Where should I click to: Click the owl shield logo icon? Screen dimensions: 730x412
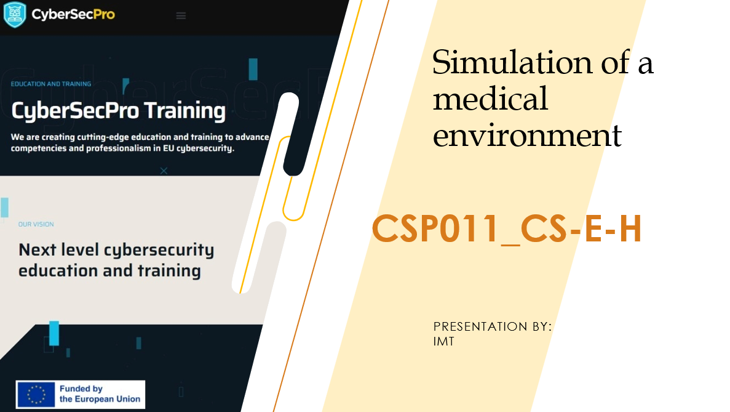point(15,14)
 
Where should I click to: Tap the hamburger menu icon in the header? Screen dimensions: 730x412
point(181,16)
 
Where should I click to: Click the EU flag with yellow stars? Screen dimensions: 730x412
point(36,395)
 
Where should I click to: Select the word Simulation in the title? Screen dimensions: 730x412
point(512,62)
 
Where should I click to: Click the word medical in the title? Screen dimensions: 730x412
point(490,99)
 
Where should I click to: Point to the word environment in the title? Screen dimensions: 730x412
point(527,135)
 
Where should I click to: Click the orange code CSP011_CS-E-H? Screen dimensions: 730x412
point(507,229)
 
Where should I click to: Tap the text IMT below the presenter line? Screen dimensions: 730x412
point(443,342)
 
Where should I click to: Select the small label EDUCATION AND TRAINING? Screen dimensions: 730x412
point(51,84)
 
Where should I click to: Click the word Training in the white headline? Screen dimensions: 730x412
point(185,111)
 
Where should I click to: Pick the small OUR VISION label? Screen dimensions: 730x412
point(36,224)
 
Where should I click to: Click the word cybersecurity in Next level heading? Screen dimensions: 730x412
point(159,251)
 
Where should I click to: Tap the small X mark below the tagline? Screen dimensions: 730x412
point(164,171)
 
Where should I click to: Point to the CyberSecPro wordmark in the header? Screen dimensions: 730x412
point(73,14)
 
